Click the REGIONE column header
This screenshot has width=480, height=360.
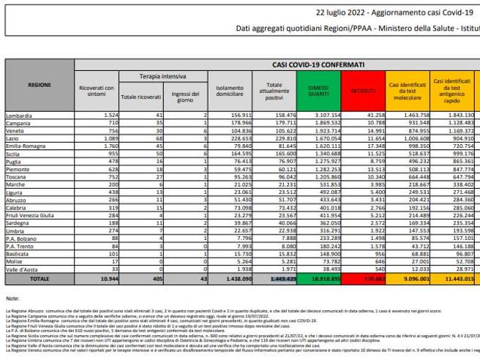tap(38, 85)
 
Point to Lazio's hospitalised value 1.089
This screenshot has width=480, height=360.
tap(107, 138)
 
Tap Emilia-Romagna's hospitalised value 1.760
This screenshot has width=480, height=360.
tap(107, 145)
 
